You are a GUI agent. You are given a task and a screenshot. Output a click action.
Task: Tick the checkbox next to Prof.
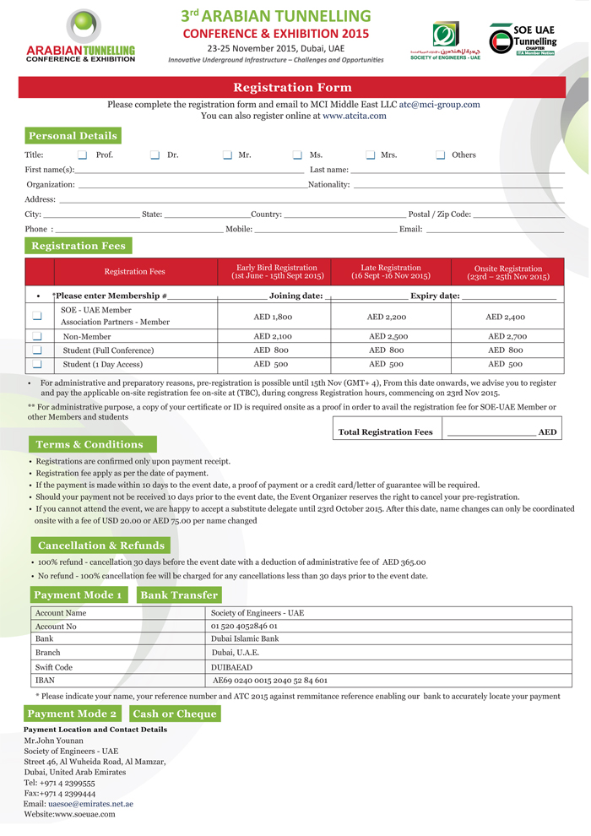[x=82, y=155]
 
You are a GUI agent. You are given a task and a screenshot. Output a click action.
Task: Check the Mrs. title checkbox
[x=371, y=155]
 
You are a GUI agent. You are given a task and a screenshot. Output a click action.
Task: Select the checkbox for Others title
[x=441, y=155]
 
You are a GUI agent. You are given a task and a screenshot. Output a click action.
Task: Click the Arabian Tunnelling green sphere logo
[x=82, y=28]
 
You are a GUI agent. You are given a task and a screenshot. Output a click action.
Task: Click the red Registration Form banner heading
[x=292, y=88]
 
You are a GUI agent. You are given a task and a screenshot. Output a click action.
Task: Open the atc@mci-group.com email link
[x=439, y=105]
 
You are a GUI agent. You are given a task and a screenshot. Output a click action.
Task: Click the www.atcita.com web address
[x=354, y=116]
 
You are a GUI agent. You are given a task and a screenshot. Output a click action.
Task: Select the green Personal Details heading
[x=73, y=136]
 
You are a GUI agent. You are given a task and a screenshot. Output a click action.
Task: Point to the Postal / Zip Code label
[x=439, y=214]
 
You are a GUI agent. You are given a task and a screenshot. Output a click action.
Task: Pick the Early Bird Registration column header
[x=277, y=272]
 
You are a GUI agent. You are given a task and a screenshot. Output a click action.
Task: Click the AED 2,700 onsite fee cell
[x=507, y=336]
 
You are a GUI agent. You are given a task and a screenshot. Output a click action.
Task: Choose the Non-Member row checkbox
[x=37, y=336]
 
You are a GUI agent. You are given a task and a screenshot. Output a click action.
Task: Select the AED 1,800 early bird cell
[x=273, y=317]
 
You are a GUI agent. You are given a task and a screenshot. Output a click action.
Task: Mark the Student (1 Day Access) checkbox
[x=37, y=364]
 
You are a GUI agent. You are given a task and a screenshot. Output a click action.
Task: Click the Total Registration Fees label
[x=385, y=432]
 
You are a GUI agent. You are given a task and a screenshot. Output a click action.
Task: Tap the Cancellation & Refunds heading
[x=100, y=546]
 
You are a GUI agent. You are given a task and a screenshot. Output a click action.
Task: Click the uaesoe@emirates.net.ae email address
[x=90, y=804]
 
